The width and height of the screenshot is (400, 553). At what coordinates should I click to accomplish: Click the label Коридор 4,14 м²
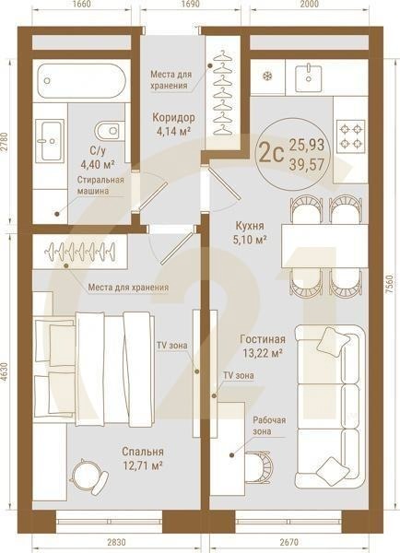[x=172, y=124]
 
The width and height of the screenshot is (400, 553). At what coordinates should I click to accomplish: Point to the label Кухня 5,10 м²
[x=249, y=232]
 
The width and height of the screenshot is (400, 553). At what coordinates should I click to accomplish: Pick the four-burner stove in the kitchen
[x=352, y=136]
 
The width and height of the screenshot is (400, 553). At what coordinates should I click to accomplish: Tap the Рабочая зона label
[x=269, y=426]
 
